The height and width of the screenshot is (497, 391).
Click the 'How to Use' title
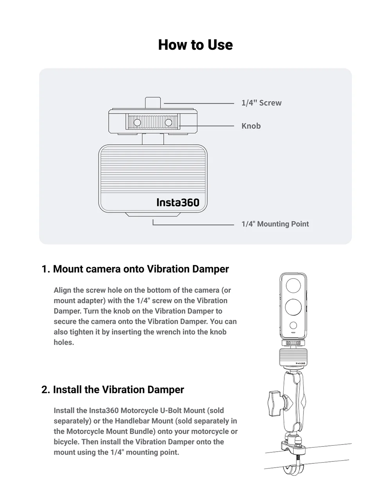click(195, 45)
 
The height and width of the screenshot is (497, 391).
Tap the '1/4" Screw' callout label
click(261, 103)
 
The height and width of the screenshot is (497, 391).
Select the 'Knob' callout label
click(251, 126)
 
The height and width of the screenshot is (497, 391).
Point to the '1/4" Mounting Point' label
click(275, 224)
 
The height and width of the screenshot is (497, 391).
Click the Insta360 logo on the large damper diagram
click(178, 202)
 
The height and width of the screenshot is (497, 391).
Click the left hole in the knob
click(137, 122)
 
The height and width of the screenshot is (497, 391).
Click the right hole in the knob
click(169, 122)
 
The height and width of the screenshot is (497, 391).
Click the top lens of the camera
click(293, 286)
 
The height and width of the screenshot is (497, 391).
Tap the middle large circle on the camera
click(293, 307)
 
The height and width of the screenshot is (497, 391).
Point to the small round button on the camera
click(293, 325)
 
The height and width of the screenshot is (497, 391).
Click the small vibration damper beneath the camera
click(293, 358)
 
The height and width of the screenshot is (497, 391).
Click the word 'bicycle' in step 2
click(66, 442)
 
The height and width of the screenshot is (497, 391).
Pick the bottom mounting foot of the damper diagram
click(152, 214)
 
